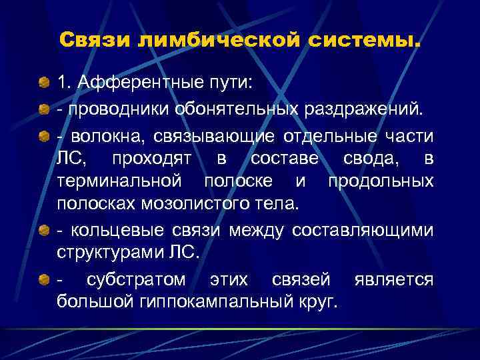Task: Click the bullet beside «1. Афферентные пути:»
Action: point(44,83)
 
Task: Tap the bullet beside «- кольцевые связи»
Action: point(44,231)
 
